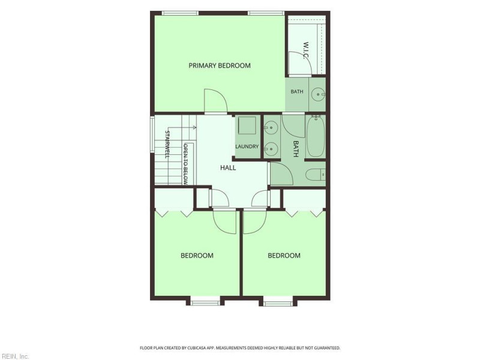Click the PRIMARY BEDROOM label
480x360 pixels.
click(220, 65)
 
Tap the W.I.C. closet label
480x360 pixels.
click(305, 50)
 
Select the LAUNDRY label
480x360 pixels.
click(247, 146)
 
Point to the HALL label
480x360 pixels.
click(228, 168)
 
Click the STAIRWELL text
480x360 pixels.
click(167, 144)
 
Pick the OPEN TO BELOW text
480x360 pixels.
click(185, 164)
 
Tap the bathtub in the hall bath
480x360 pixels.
click(316, 137)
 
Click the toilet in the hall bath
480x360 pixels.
click(316, 175)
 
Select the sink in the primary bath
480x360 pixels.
click(319, 95)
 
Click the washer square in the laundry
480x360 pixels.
click(247, 125)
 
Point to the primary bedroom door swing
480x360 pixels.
click(215, 101)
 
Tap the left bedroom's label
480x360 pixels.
click(197, 256)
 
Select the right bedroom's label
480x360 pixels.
click(284, 256)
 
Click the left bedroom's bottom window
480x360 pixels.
click(205, 303)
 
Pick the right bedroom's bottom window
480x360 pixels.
click(278, 304)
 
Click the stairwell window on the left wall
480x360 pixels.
click(152, 134)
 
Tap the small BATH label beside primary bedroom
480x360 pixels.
click(297, 92)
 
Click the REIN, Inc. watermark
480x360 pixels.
click(14, 356)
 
